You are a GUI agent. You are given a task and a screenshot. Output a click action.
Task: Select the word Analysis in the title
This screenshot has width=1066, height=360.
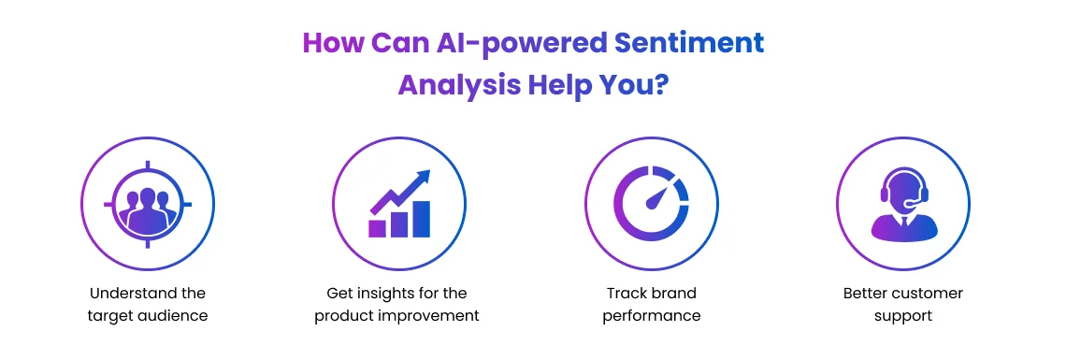tap(458, 85)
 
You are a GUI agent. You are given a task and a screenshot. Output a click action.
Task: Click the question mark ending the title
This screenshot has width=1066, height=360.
tap(660, 85)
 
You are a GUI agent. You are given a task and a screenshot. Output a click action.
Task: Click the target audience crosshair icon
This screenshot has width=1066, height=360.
tap(148, 204)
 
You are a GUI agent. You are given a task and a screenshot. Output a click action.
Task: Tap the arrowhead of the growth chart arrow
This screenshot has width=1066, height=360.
tap(424, 176)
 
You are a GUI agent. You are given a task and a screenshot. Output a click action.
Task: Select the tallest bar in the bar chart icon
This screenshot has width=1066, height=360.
tap(422, 219)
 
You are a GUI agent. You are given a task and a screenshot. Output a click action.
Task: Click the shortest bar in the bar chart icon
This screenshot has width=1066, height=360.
tap(378, 227)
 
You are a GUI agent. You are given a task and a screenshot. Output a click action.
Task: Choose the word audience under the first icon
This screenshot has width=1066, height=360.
tap(172, 316)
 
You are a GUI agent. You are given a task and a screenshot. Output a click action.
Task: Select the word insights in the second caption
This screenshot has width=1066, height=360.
tap(383, 294)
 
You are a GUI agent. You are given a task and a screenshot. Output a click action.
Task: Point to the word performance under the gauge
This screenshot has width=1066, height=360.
tap(652, 316)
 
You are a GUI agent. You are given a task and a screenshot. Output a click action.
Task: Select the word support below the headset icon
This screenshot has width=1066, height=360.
tap(902, 316)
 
